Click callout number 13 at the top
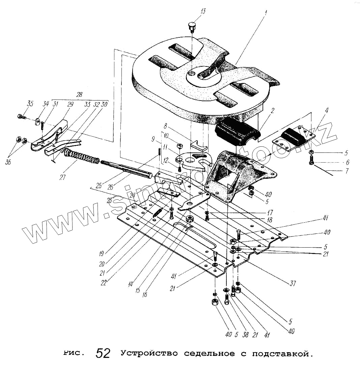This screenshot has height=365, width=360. [x=202, y=12]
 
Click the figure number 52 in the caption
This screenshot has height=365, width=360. [x=103, y=353]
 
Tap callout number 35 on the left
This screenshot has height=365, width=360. [x=30, y=104]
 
